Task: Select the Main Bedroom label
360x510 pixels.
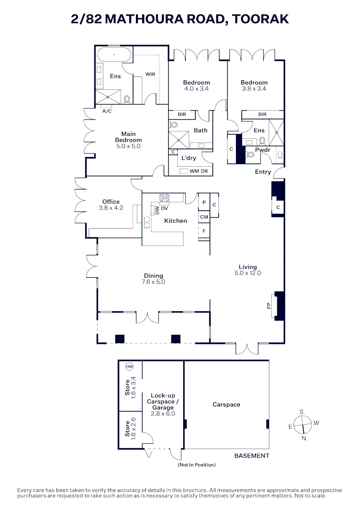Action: click(x=128, y=137)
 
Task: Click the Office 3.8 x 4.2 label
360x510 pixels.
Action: click(x=111, y=204)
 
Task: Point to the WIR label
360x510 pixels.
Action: click(x=150, y=74)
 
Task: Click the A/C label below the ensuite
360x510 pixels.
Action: click(x=107, y=111)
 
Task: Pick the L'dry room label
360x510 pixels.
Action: click(x=188, y=158)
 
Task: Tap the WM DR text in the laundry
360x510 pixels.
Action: click(x=199, y=170)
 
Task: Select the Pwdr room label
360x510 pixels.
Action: click(x=262, y=150)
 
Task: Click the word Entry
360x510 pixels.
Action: click(x=263, y=172)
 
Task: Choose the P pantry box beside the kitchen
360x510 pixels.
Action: click(x=204, y=202)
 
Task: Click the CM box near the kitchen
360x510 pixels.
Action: click(x=204, y=217)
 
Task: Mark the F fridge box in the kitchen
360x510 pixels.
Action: click(x=204, y=231)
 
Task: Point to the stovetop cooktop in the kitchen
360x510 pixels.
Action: click(x=165, y=198)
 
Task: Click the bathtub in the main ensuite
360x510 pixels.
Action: click(x=114, y=55)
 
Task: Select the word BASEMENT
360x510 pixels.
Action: click(x=252, y=456)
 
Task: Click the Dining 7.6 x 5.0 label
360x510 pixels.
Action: click(x=154, y=279)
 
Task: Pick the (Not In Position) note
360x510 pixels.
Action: click(x=197, y=465)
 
